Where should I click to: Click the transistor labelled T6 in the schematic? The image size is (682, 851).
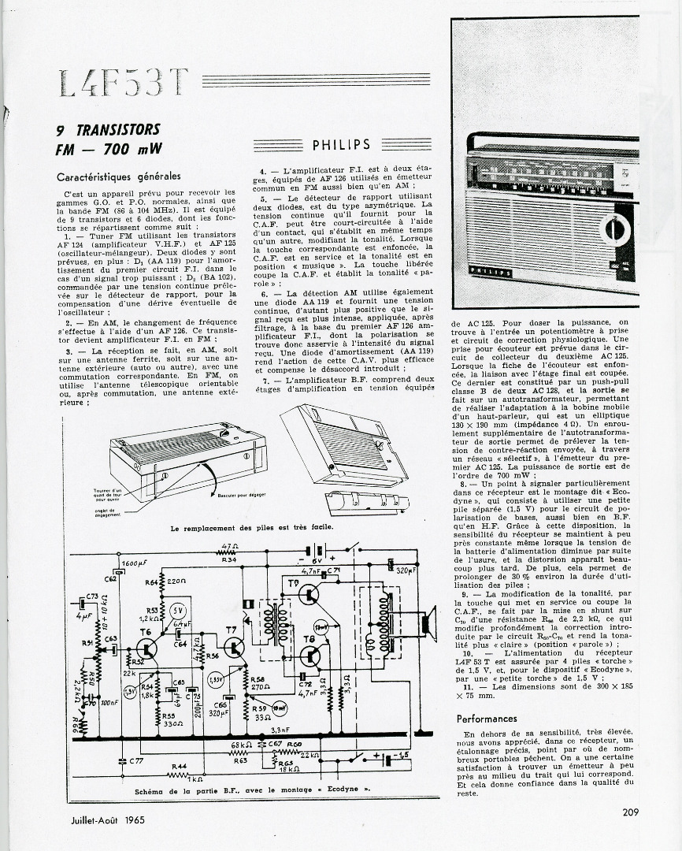point(146,648)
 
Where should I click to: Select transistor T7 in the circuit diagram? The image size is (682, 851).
point(234,647)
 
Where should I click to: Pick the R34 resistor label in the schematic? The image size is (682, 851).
point(229,560)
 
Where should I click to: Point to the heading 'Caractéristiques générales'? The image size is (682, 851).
point(119,177)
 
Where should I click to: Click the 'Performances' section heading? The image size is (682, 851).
point(487,719)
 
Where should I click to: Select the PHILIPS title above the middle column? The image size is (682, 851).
point(341,145)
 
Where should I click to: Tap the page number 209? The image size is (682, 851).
point(629,813)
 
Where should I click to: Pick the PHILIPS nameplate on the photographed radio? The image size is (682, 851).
point(491,272)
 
